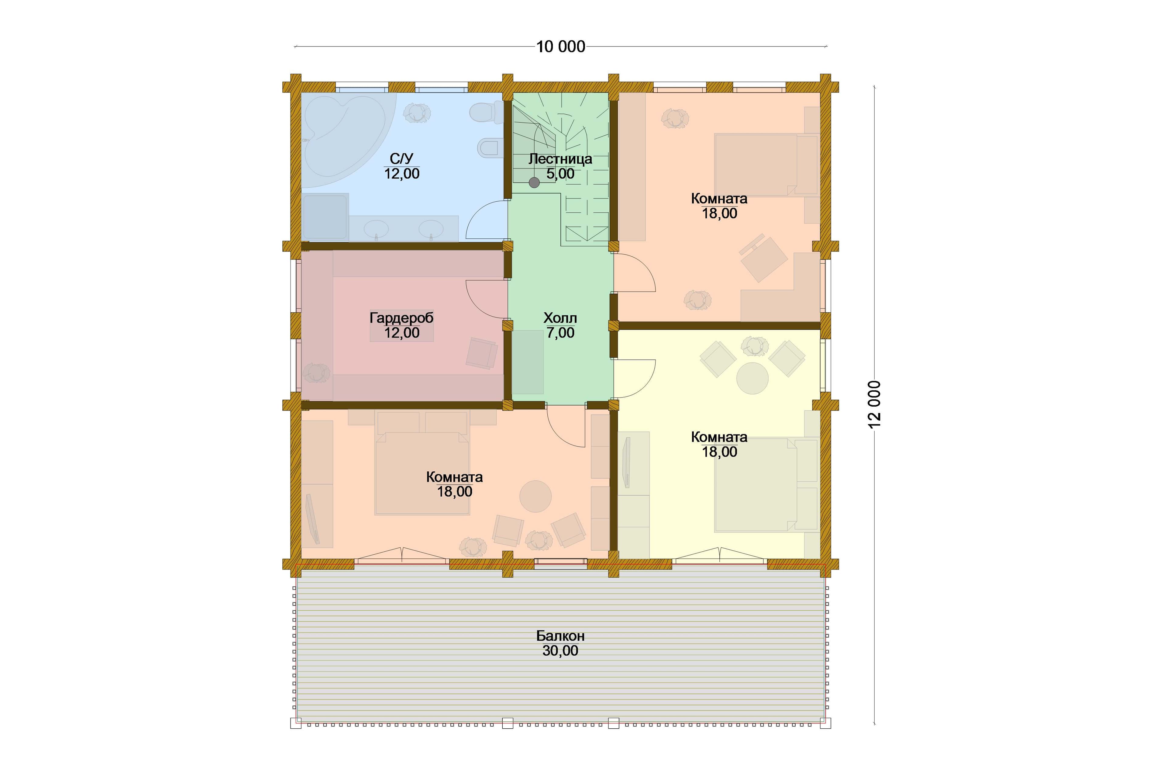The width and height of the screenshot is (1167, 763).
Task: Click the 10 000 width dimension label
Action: point(560,47)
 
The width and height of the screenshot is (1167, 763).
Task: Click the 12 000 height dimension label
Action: point(875,404)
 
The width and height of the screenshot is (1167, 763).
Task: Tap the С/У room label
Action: point(401,158)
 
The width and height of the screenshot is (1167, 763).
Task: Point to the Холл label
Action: point(560,318)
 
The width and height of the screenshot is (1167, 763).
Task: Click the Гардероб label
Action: point(401,318)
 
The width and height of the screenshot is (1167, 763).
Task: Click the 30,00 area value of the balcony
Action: point(560,651)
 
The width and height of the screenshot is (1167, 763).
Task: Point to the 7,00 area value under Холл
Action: point(560,333)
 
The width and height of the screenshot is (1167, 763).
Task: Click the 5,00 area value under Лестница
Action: point(560,174)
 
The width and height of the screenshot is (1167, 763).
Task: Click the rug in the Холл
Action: point(527,362)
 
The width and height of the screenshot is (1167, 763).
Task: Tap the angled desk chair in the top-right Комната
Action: point(763,258)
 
